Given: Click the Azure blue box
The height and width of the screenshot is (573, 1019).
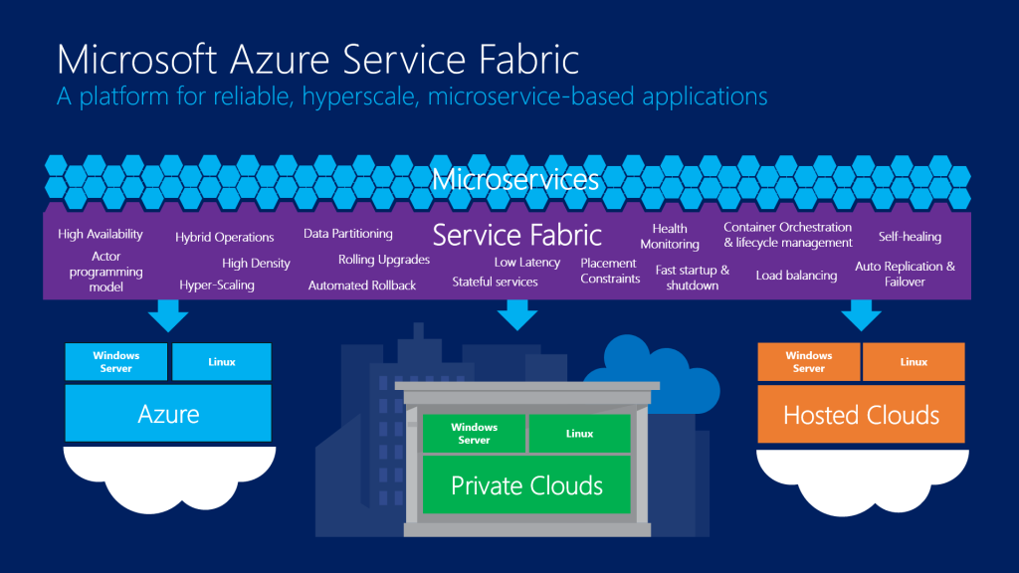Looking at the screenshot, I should tap(168, 413).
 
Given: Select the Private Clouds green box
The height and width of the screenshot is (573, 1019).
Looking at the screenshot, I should tap(526, 485).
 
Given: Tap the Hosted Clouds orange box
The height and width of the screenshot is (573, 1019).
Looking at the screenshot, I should tap(861, 414).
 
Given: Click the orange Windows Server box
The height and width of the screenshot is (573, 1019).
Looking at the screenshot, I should tap(808, 362).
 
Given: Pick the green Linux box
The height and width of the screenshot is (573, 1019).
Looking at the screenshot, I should tap(579, 434).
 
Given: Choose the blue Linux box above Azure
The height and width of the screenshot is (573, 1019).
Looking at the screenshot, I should tap(221, 362).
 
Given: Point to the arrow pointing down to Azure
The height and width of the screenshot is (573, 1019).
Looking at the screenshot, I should tap(168, 315).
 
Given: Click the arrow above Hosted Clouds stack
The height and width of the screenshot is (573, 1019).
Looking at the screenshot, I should tap(861, 315).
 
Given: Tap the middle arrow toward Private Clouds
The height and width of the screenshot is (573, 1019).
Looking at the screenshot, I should tap(516, 315).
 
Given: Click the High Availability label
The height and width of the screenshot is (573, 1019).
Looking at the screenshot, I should tap(101, 235).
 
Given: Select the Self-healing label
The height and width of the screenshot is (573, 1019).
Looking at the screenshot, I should tap(910, 237).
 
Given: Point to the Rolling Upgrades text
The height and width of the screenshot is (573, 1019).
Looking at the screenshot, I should tap(384, 260).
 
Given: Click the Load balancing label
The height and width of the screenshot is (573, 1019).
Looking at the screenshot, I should tap(796, 276).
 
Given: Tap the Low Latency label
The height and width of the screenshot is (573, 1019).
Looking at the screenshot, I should tap(527, 263).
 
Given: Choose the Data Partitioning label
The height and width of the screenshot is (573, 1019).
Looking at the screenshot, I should tap(348, 234).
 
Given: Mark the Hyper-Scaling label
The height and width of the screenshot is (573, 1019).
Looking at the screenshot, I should tap(217, 286).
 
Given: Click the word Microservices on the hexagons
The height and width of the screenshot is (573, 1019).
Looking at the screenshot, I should tap(515, 180).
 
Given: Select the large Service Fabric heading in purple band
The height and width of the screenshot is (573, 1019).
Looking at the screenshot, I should tap(516, 236).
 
